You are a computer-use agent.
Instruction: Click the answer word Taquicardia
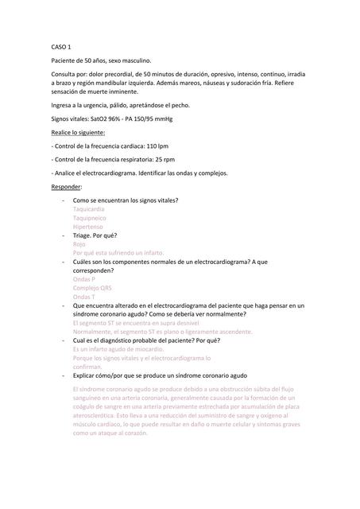88,208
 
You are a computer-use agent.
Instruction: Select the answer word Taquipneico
89,217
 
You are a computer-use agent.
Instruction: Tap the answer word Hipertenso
87,227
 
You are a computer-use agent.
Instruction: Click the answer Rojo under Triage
79,244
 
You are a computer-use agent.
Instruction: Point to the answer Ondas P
84,279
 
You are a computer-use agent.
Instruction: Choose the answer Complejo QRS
91,288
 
